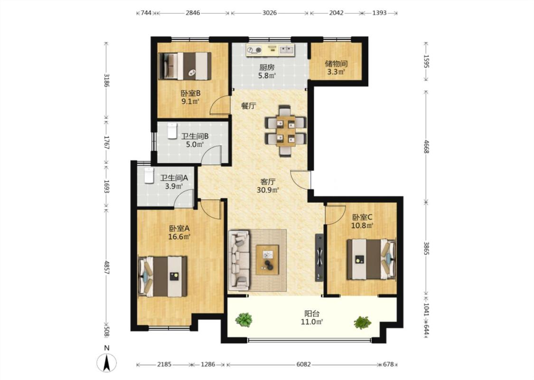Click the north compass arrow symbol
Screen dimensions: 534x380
107,362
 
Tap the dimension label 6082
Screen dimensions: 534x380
303,364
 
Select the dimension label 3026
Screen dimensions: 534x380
270,13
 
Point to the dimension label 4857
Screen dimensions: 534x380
107,268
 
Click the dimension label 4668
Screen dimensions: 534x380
426,147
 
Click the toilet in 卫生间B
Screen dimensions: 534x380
172,131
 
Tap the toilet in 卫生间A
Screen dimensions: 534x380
149,176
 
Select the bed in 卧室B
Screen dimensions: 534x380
185,66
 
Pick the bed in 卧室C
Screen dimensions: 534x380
371,259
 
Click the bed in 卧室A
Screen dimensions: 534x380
163,276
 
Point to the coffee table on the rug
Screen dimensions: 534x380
267,259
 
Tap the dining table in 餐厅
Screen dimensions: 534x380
286,131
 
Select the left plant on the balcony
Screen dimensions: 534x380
244,320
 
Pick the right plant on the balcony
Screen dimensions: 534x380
362,323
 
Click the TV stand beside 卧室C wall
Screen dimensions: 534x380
319,257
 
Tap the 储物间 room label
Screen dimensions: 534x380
336,64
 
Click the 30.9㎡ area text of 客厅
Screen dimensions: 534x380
268,190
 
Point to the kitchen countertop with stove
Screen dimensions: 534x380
271,50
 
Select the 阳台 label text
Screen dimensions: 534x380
311,313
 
